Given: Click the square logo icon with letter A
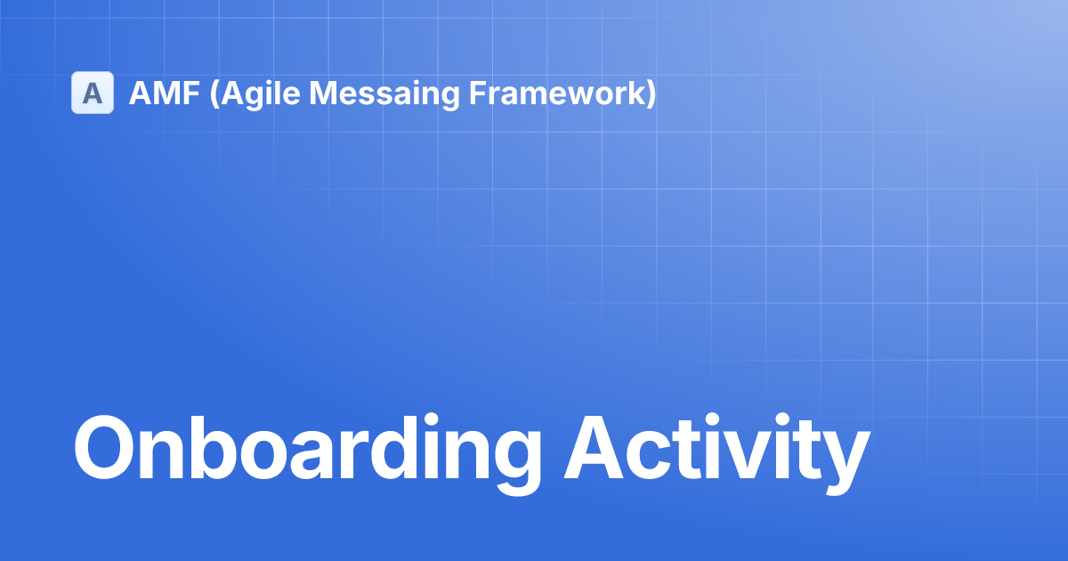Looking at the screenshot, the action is point(93,93).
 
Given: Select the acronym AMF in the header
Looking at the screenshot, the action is point(165,93).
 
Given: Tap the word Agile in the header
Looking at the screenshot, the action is point(261,94).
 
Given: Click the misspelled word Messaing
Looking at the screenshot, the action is point(384,94).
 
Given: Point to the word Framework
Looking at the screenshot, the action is point(557,93).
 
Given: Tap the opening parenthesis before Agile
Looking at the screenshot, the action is point(214,94).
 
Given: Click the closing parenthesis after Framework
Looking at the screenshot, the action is point(651,94).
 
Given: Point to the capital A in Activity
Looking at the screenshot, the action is point(594,448).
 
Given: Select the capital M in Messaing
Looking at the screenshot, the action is point(324,93).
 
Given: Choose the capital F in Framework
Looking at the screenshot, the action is point(478,93).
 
